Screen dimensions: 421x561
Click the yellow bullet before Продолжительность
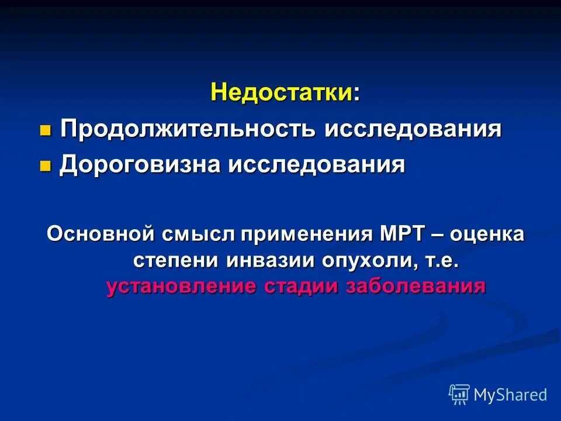[x=45, y=130]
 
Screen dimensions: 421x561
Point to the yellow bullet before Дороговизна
[x=45, y=166]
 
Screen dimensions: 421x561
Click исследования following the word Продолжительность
[x=413, y=129]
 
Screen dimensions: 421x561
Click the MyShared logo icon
[x=459, y=395]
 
